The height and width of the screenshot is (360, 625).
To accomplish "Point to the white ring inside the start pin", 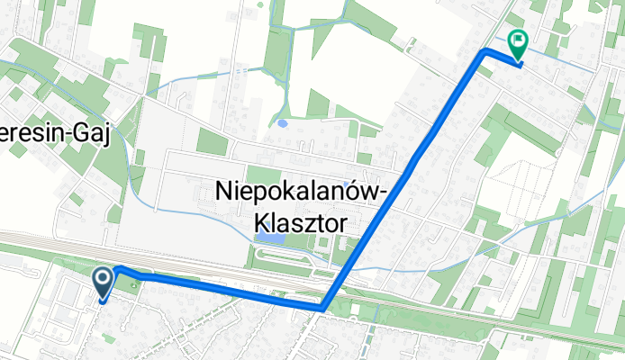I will (x=104, y=279).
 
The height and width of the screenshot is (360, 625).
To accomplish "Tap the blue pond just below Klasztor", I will (x=269, y=238).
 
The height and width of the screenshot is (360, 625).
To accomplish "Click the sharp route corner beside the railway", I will (x=322, y=308).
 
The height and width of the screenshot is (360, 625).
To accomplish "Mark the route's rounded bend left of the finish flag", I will (x=487, y=51).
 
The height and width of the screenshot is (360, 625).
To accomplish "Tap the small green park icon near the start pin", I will (x=135, y=287).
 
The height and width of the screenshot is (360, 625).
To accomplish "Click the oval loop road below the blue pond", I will (x=288, y=257).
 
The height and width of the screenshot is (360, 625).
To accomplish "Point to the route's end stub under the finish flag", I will (x=518, y=63).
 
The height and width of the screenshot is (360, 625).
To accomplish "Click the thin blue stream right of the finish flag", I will (x=563, y=61).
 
